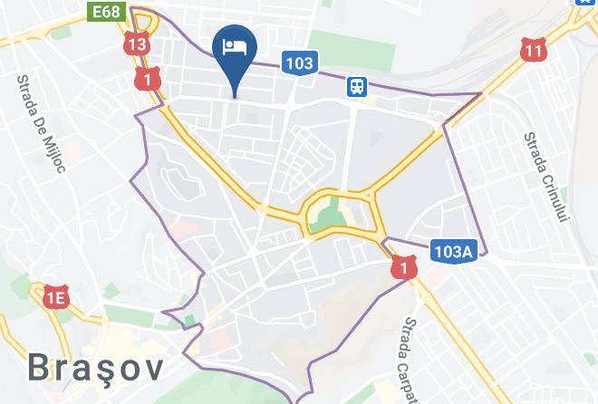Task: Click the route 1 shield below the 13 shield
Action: click(147, 79)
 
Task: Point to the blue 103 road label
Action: click(298, 63)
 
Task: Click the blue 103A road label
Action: click(452, 253)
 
